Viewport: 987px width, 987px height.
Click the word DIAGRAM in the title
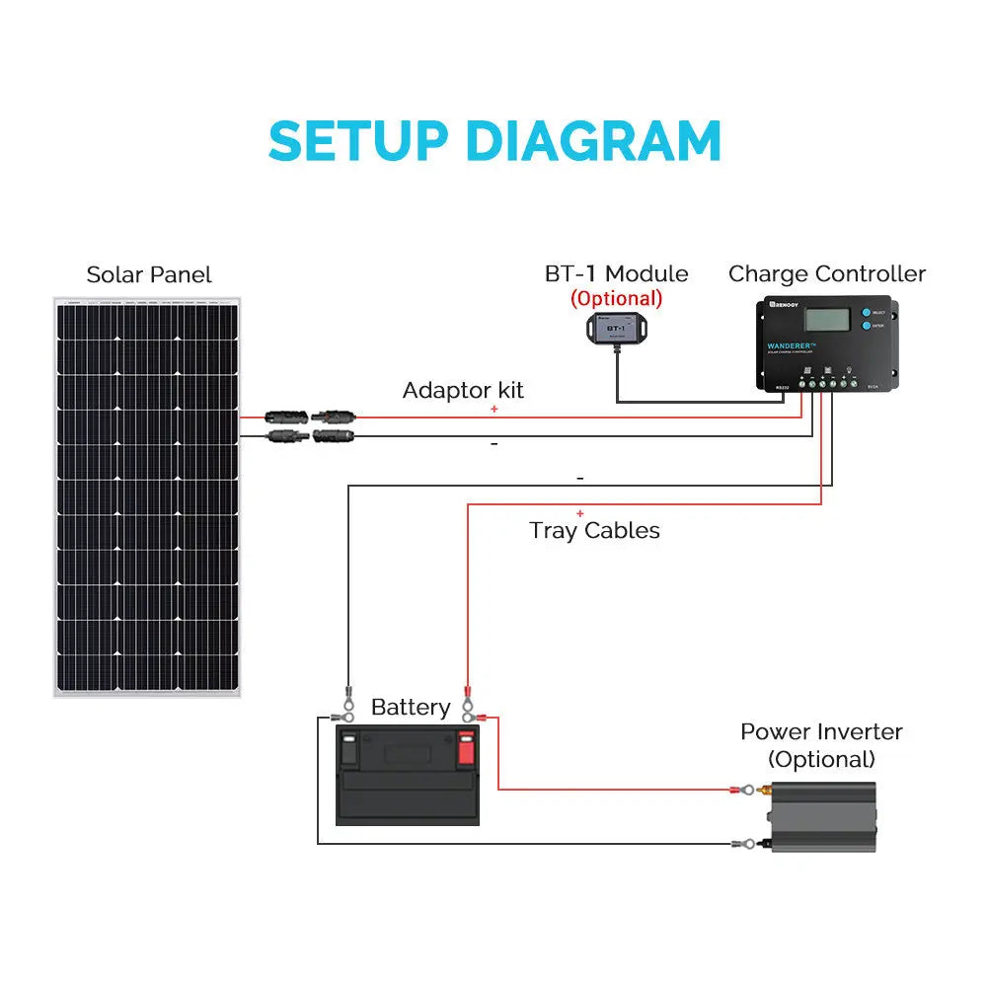click(x=592, y=141)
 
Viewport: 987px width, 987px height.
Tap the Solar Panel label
click(x=149, y=274)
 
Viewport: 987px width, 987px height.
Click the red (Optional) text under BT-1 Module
click(x=616, y=298)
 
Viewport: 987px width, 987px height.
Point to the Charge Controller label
click(x=827, y=273)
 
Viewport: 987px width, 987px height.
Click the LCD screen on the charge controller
click(x=828, y=320)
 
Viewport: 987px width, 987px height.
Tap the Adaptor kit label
click(x=463, y=390)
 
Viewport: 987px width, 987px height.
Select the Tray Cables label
click(x=594, y=530)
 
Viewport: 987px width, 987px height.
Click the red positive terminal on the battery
click(x=466, y=749)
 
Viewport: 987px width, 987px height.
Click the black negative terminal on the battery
click(x=348, y=749)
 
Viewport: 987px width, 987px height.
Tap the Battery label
click(x=411, y=707)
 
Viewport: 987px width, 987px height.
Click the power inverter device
click(x=823, y=817)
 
